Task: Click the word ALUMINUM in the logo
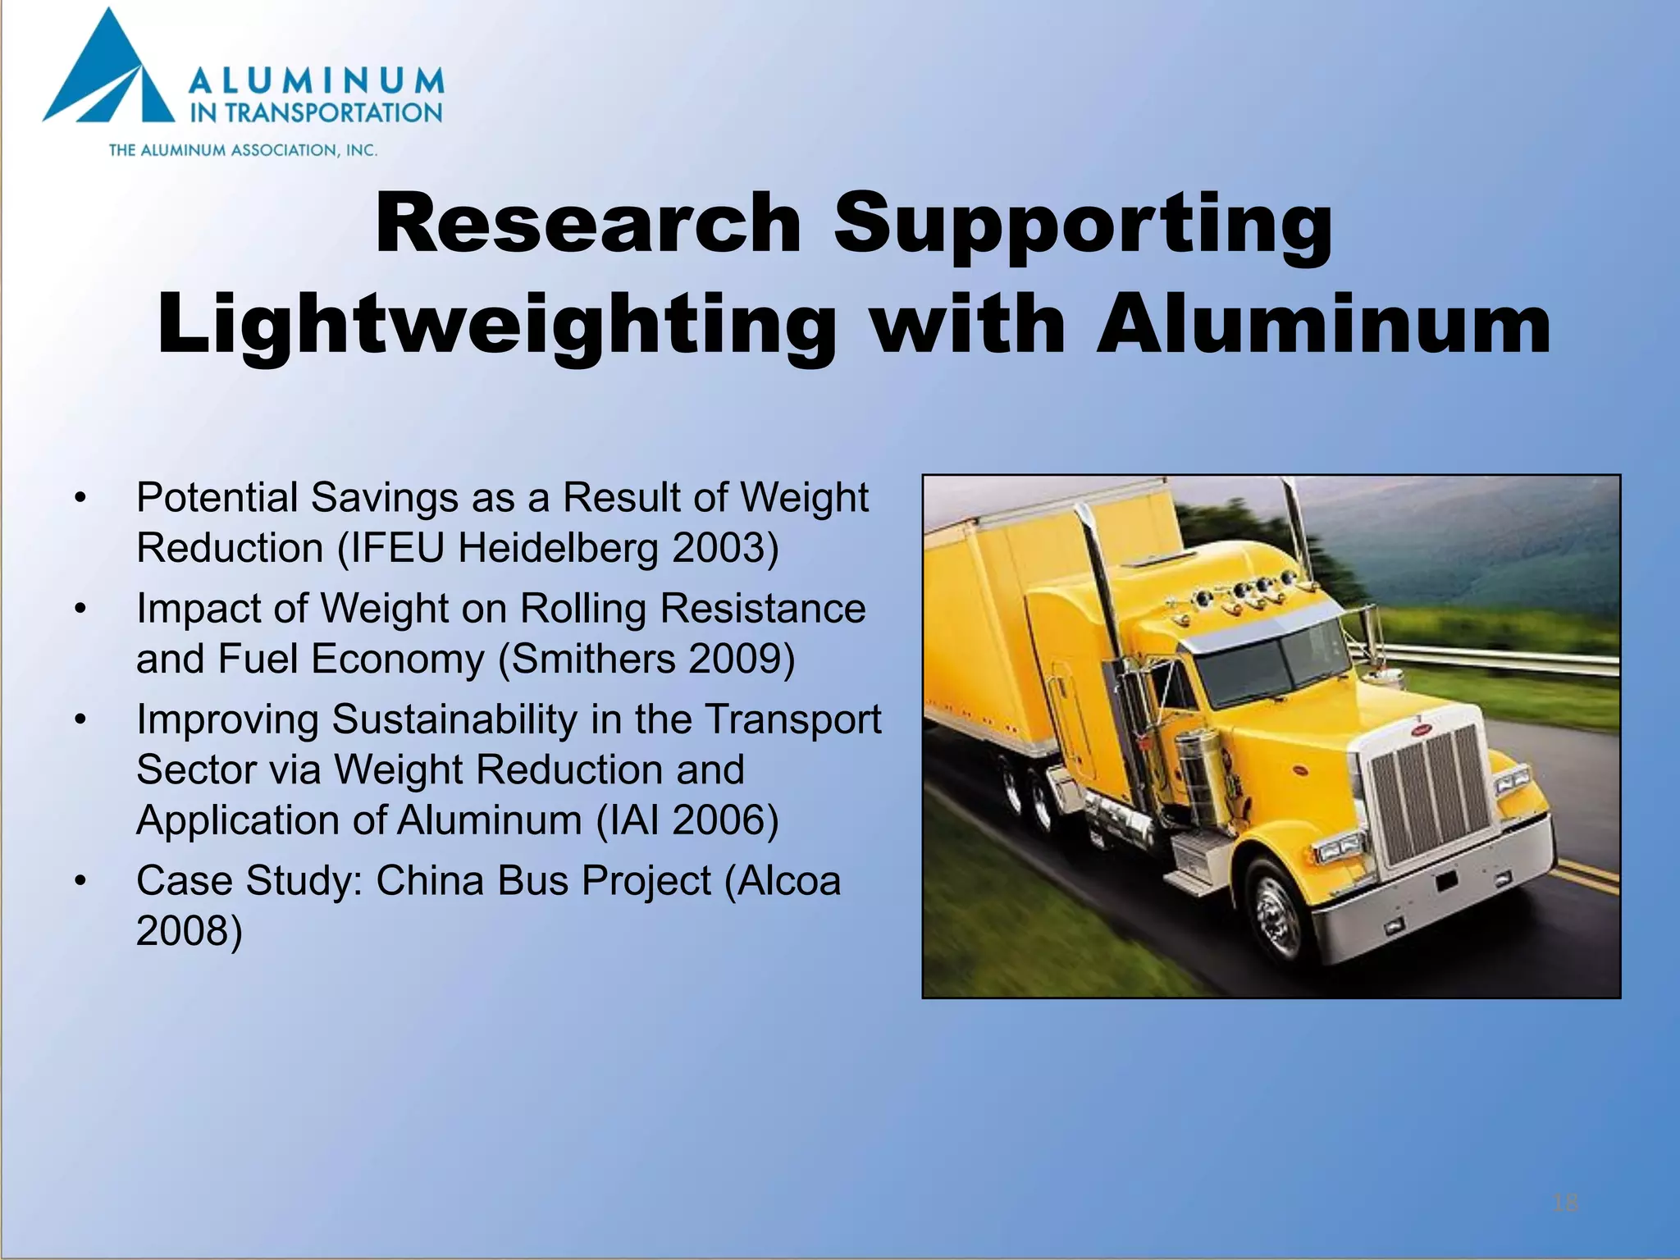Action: (x=317, y=82)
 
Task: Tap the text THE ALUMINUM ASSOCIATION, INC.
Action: (x=243, y=150)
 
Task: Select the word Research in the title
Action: (x=587, y=223)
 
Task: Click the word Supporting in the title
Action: (x=1083, y=223)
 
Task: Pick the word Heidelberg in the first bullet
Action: (x=558, y=548)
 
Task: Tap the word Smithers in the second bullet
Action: (x=587, y=659)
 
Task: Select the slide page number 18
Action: (x=1565, y=1203)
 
